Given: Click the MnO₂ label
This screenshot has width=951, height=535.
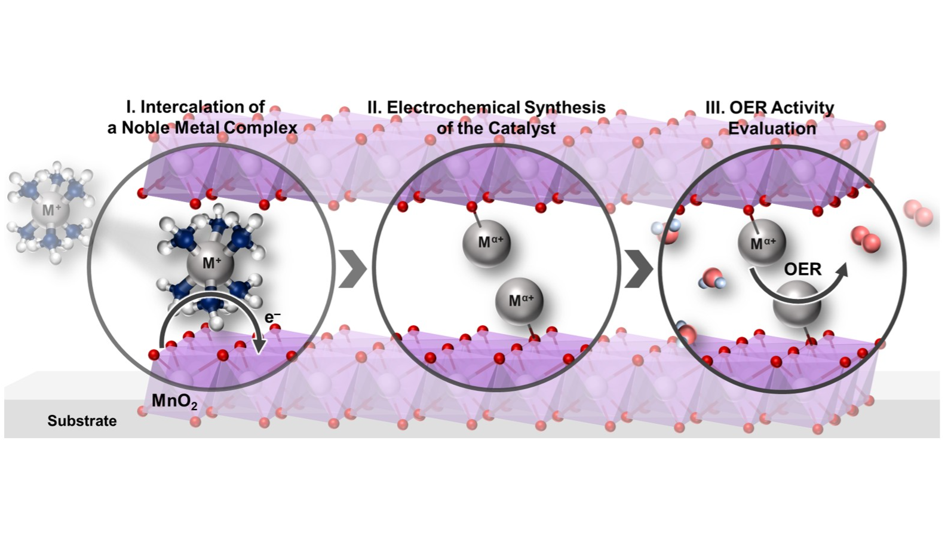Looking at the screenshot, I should [174, 400].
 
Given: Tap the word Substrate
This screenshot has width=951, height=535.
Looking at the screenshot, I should [82, 421].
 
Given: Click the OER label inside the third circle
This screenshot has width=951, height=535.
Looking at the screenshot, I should [802, 269].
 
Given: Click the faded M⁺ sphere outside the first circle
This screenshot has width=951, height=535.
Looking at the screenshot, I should [48, 211].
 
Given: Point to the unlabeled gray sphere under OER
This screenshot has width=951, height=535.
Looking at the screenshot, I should [796, 305].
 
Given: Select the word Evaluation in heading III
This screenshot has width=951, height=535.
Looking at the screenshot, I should [772, 129].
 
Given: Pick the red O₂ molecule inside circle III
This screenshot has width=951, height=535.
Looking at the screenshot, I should [864, 238].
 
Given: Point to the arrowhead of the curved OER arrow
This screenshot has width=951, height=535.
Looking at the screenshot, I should [841, 271].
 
